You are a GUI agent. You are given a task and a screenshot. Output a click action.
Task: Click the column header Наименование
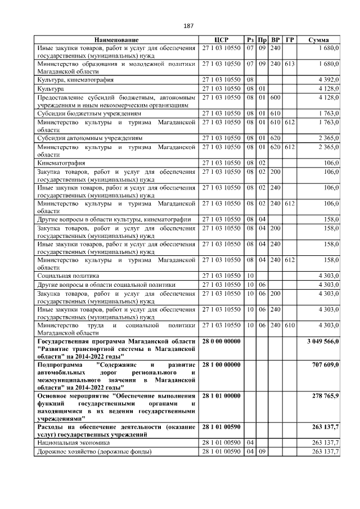coord(116,40)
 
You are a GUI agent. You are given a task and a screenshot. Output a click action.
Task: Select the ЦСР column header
coord(220,40)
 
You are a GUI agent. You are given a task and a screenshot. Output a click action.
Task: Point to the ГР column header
coord(289,40)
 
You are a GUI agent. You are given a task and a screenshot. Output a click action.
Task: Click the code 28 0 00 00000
coord(221,341)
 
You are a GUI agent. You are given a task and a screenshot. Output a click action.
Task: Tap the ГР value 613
coord(289,64)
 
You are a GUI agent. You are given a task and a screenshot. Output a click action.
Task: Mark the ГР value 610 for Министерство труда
coord(289,325)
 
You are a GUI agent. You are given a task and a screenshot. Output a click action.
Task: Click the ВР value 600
coord(275,97)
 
